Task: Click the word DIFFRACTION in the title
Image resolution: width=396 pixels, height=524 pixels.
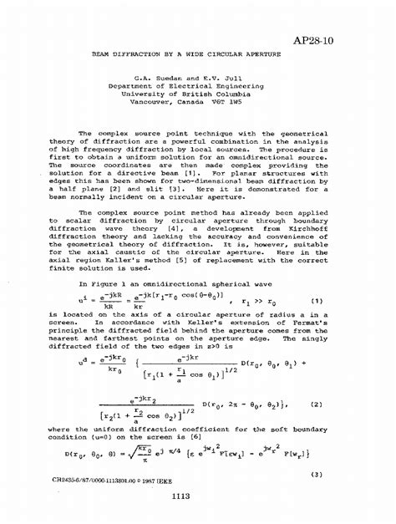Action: point(157,53)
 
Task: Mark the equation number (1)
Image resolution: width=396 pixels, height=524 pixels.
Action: point(317,301)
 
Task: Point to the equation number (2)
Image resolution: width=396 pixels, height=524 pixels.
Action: point(317,404)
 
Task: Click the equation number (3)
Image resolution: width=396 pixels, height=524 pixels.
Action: point(317,474)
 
